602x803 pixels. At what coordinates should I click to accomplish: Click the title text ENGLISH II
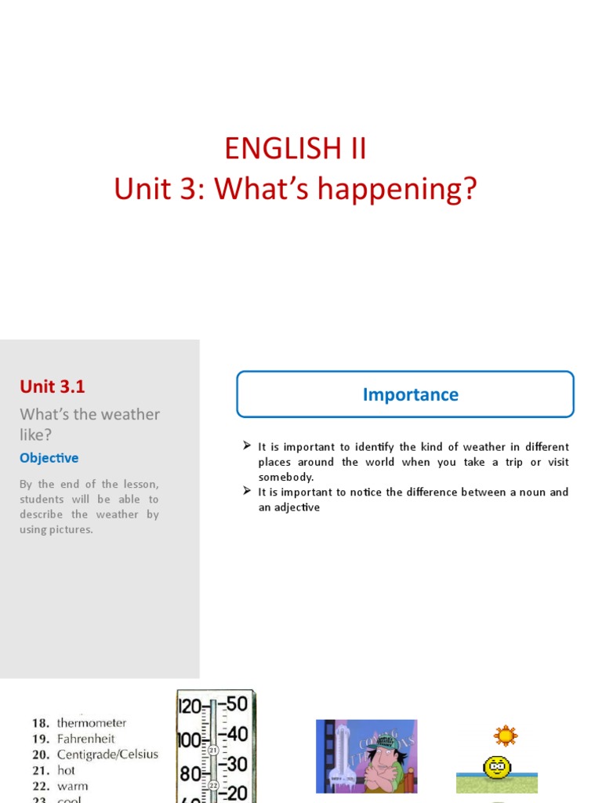[x=295, y=148]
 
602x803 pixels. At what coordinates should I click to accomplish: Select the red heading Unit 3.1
[x=52, y=386]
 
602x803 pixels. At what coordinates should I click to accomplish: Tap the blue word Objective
[x=49, y=458]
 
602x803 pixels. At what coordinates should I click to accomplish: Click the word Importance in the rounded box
[x=410, y=394]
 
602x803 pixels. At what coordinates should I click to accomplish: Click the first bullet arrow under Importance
[x=246, y=446]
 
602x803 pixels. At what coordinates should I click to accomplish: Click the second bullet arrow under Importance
[x=246, y=492]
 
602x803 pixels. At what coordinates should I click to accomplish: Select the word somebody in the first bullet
[x=285, y=477]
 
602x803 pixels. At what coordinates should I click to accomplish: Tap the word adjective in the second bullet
[x=296, y=507]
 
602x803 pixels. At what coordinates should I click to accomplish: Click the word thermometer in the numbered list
[x=92, y=723]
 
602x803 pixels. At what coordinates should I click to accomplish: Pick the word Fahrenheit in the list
[x=86, y=739]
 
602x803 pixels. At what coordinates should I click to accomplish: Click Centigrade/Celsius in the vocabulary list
[x=107, y=754]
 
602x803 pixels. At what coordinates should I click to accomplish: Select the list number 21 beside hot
[x=40, y=770]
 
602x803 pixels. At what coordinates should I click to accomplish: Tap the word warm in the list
[x=73, y=786]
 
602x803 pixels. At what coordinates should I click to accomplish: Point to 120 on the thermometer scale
[x=190, y=706]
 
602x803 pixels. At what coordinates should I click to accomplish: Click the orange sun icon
[x=506, y=736]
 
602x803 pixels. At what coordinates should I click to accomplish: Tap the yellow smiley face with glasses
[x=497, y=766]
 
